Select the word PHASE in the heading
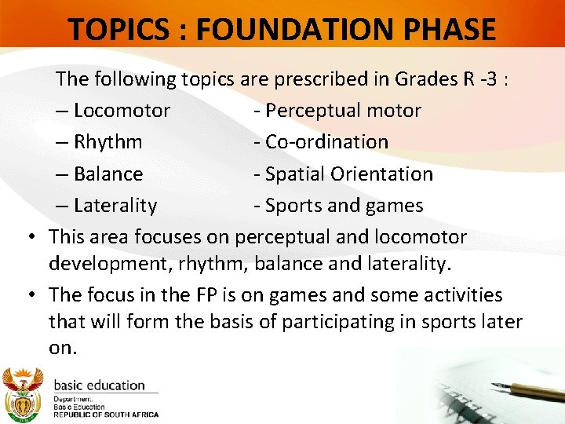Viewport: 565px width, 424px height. (x=450, y=29)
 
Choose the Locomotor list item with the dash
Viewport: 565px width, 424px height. (x=113, y=111)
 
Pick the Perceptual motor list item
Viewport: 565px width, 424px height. (x=337, y=111)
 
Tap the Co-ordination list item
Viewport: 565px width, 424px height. (x=321, y=142)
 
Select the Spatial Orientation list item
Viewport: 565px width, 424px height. (x=343, y=174)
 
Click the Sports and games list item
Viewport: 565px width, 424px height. (x=338, y=206)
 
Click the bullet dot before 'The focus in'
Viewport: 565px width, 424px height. (x=30, y=296)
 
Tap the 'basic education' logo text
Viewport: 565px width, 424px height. (x=99, y=386)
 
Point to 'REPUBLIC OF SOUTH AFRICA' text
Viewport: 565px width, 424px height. (x=106, y=415)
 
